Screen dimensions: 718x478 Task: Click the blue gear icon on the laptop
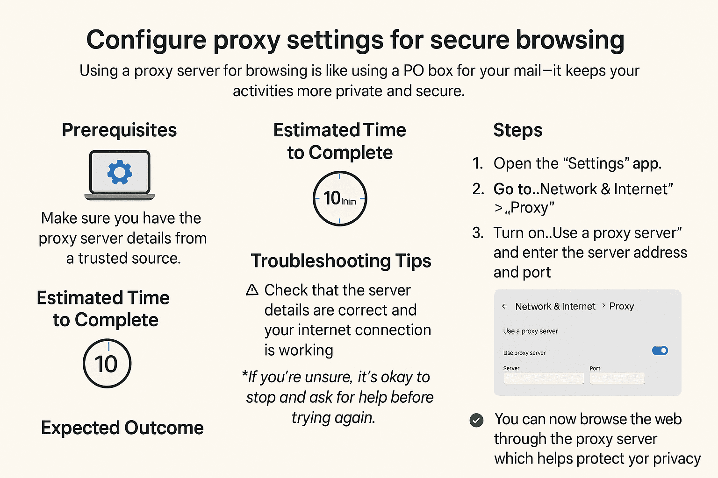[x=120, y=172]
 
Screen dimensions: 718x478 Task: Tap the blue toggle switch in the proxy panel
[x=660, y=351]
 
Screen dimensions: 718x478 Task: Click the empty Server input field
[x=544, y=379]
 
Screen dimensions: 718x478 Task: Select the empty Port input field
[x=617, y=379]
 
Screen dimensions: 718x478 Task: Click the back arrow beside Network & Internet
[x=504, y=306]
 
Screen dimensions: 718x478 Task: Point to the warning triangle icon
[x=252, y=290]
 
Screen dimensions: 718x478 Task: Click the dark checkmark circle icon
[x=477, y=421]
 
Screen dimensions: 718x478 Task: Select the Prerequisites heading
[x=119, y=130]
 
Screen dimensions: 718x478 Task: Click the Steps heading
[x=518, y=130]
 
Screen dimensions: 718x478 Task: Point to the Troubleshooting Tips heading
[x=341, y=260]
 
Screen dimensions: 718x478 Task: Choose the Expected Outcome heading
[x=122, y=428]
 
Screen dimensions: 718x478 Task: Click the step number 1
[x=478, y=163]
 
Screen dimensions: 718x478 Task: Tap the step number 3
[x=478, y=233]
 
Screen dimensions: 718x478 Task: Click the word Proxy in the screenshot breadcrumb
[x=622, y=306]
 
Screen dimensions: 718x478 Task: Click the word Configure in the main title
[x=146, y=40]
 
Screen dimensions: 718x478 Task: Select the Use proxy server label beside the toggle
[x=524, y=353]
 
